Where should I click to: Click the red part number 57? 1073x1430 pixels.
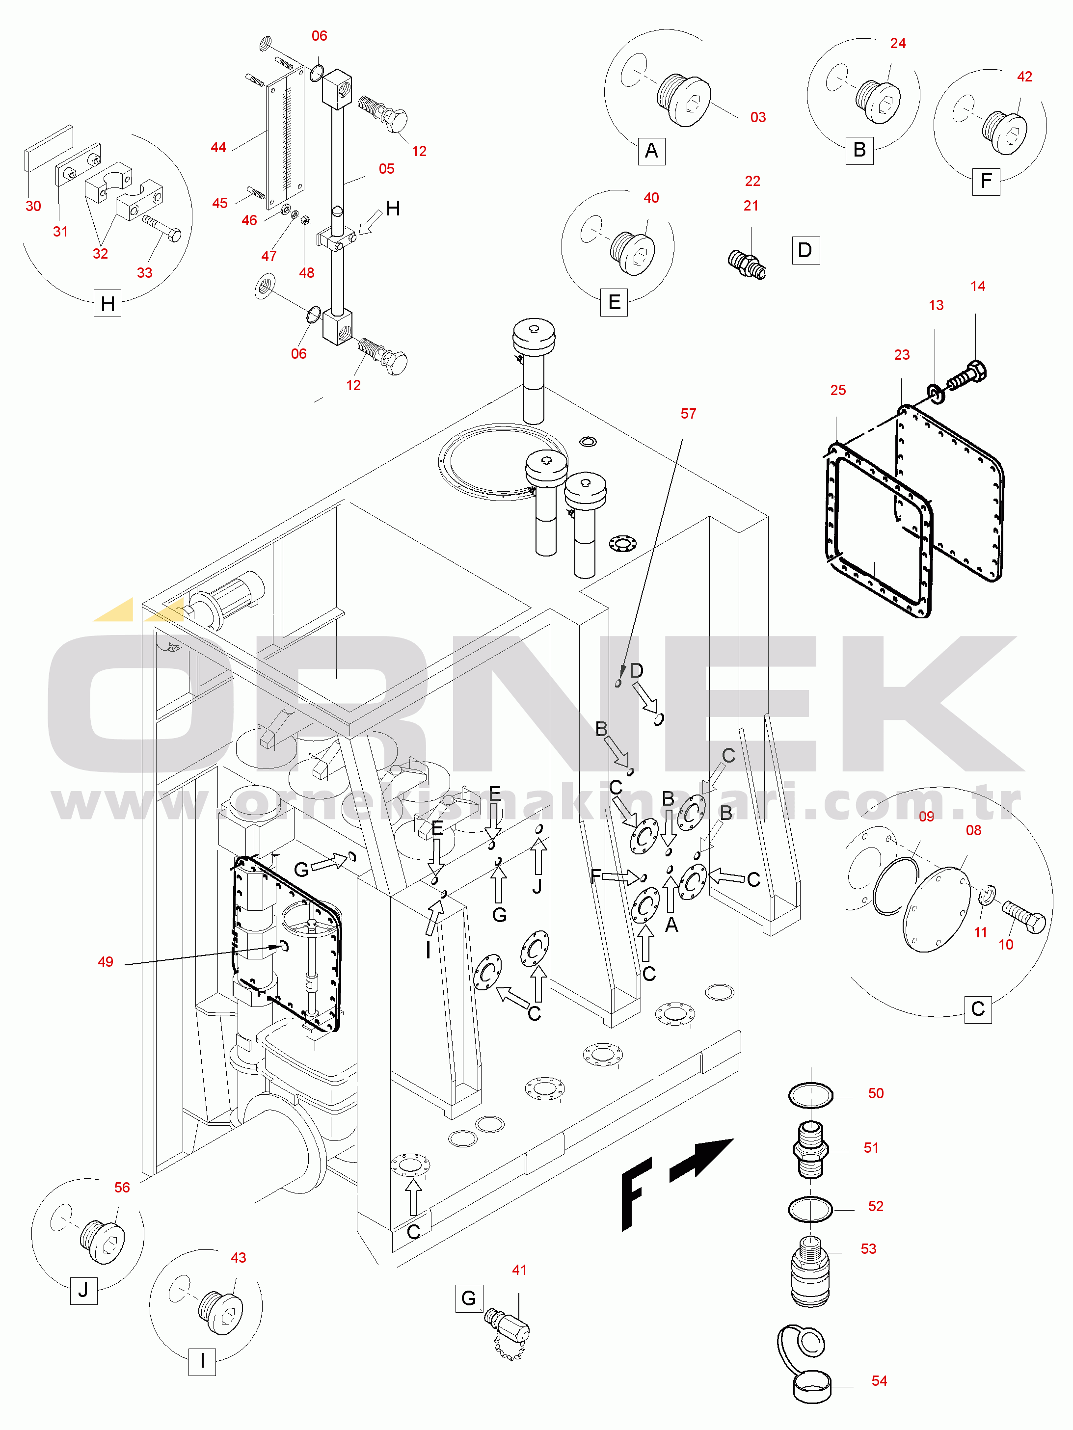(x=688, y=414)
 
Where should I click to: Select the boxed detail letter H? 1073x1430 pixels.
(x=108, y=303)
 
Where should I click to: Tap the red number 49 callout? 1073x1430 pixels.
(x=106, y=962)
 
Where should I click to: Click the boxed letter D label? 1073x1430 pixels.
(x=805, y=250)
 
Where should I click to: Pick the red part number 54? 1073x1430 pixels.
(x=879, y=1381)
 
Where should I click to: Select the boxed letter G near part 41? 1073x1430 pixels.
(x=469, y=1298)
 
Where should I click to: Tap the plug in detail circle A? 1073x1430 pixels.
(x=684, y=100)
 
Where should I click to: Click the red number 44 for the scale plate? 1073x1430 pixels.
(x=218, y=147)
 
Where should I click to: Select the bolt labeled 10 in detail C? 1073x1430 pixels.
(x=1024, y=915)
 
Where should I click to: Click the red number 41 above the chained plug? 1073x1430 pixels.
(x=519, y=1271)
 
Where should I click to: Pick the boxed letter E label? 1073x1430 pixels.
(x=615, y=302)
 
